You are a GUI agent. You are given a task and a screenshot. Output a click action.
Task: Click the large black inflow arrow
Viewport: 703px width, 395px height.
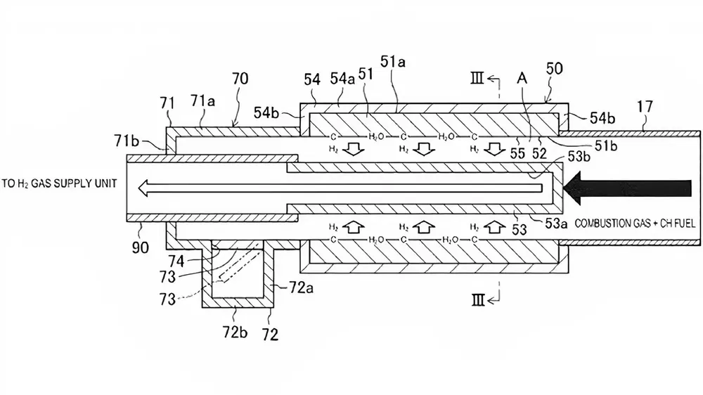tap(628, 188)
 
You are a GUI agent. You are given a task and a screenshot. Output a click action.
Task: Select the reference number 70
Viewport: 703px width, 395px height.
tap(240, 79)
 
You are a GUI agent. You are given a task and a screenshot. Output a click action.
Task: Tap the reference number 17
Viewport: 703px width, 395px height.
tap(645, 107)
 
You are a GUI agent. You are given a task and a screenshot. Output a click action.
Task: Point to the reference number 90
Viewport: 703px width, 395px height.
tap(141, 247)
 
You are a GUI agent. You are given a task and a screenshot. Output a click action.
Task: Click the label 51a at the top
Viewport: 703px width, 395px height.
tap(393, 61)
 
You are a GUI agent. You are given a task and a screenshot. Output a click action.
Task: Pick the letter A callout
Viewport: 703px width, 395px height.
tap(522, 79)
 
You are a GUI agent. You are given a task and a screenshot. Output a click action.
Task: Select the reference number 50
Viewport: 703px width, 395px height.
tap(554, 69)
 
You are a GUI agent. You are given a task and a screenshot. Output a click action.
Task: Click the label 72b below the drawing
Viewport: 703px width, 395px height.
tap(235, 332)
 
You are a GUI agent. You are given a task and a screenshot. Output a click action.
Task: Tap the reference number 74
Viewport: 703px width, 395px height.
tap(176, 261)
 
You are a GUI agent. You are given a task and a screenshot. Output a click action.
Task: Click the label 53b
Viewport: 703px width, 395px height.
tap(579, 157)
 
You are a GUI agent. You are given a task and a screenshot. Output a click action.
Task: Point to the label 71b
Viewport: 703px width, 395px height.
tap(127, 141)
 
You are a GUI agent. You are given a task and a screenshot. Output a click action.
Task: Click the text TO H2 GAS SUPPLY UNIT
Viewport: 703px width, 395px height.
tap(59, 183)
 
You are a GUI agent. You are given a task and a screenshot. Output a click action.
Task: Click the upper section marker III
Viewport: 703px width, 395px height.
tap(477, 79)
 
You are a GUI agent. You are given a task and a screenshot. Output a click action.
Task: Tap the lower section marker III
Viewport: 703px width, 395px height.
tap(478, 300)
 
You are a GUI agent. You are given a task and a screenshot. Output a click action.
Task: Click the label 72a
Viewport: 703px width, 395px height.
tap(301, 287)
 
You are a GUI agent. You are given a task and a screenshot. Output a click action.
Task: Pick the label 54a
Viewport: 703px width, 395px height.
tap(342, 79)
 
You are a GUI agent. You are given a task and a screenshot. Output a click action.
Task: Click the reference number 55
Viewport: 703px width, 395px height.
tap(517, 153)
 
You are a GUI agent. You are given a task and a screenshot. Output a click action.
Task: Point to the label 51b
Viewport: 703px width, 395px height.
tap(605, 145)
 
